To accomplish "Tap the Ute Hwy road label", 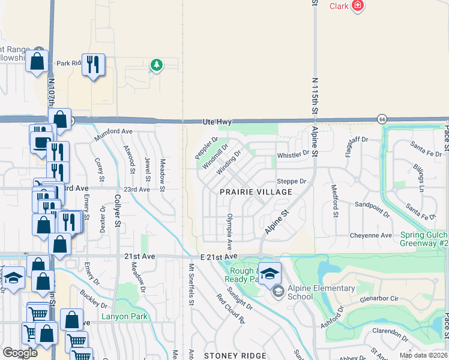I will point(217,122).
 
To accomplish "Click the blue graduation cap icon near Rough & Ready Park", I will point(270,273).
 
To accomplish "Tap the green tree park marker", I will point(156,64).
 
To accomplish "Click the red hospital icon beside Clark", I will point(358,6).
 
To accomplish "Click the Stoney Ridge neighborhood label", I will point(235,356).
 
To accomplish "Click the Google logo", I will point(20,352).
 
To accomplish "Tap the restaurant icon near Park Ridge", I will point(93,65).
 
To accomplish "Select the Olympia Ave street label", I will point(229,231).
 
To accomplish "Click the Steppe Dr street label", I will point(291,181).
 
